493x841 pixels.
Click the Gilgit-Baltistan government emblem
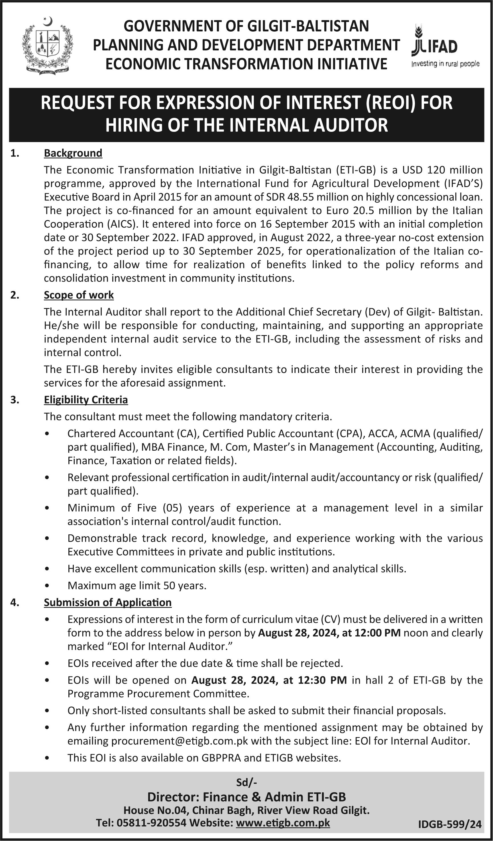(47, 46)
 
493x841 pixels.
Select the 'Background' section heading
(73, 153)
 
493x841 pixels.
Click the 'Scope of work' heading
(79, 295)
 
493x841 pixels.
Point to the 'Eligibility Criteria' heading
(86, 400)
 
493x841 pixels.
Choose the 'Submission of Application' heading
(107, 602)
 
